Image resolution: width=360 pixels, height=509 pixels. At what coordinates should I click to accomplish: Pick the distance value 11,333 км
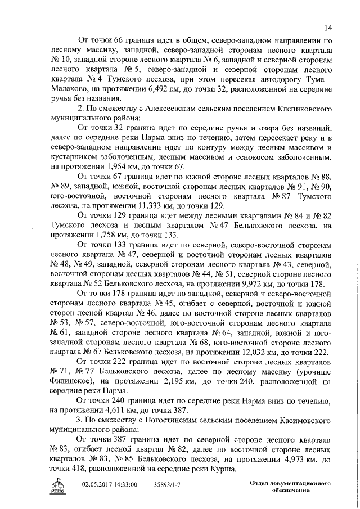tap(148, 206)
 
